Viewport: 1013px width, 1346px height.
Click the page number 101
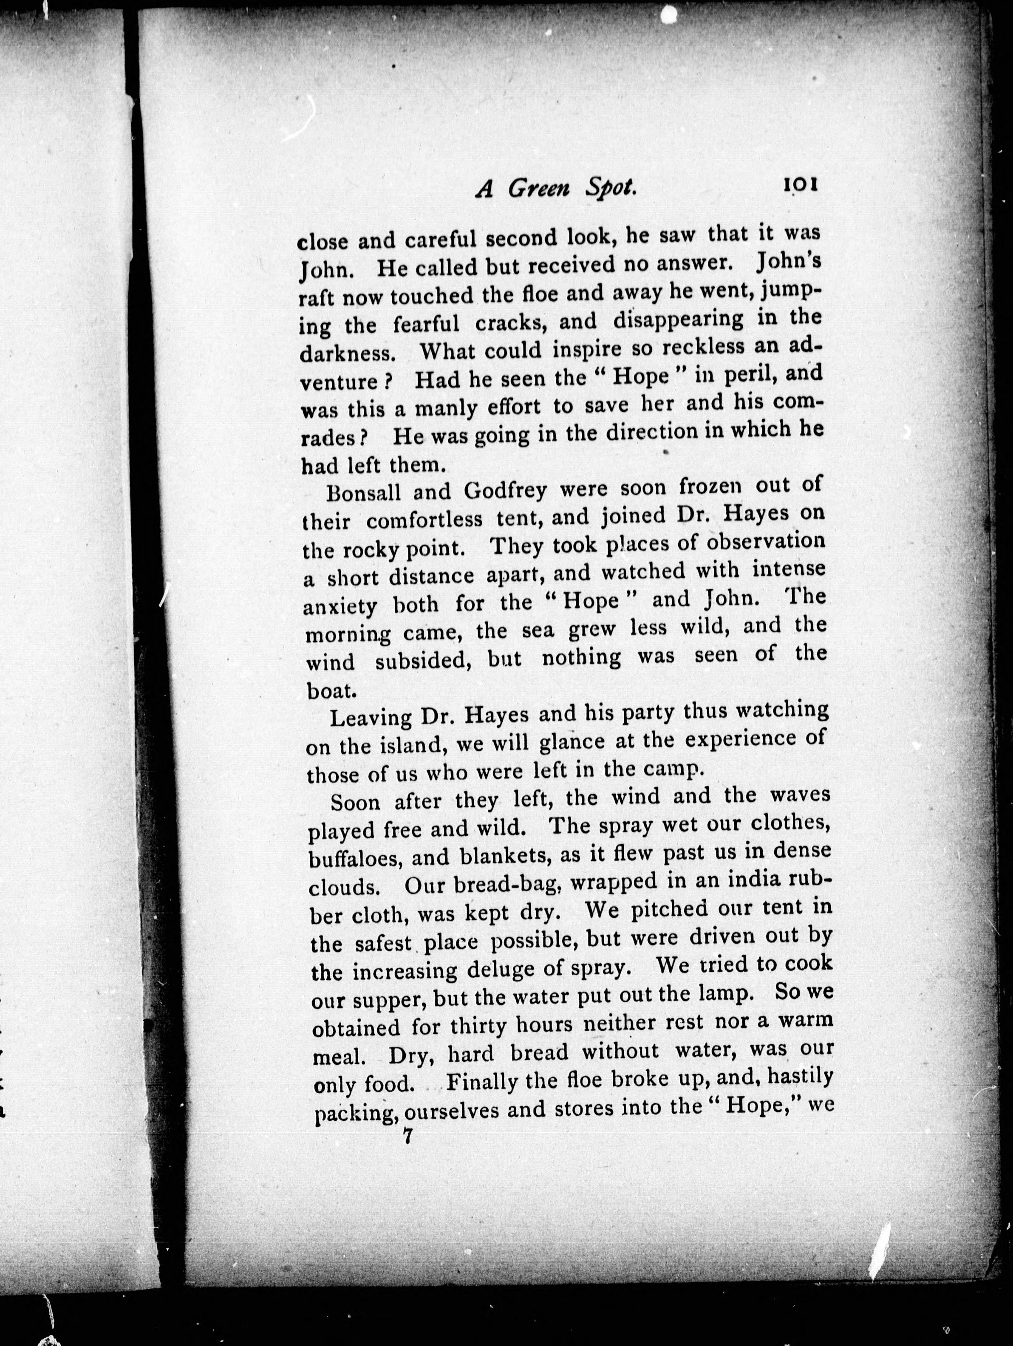pos(799,184)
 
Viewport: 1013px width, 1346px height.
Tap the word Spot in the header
pos(610,189)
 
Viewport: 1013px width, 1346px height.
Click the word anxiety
pos(340,605)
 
